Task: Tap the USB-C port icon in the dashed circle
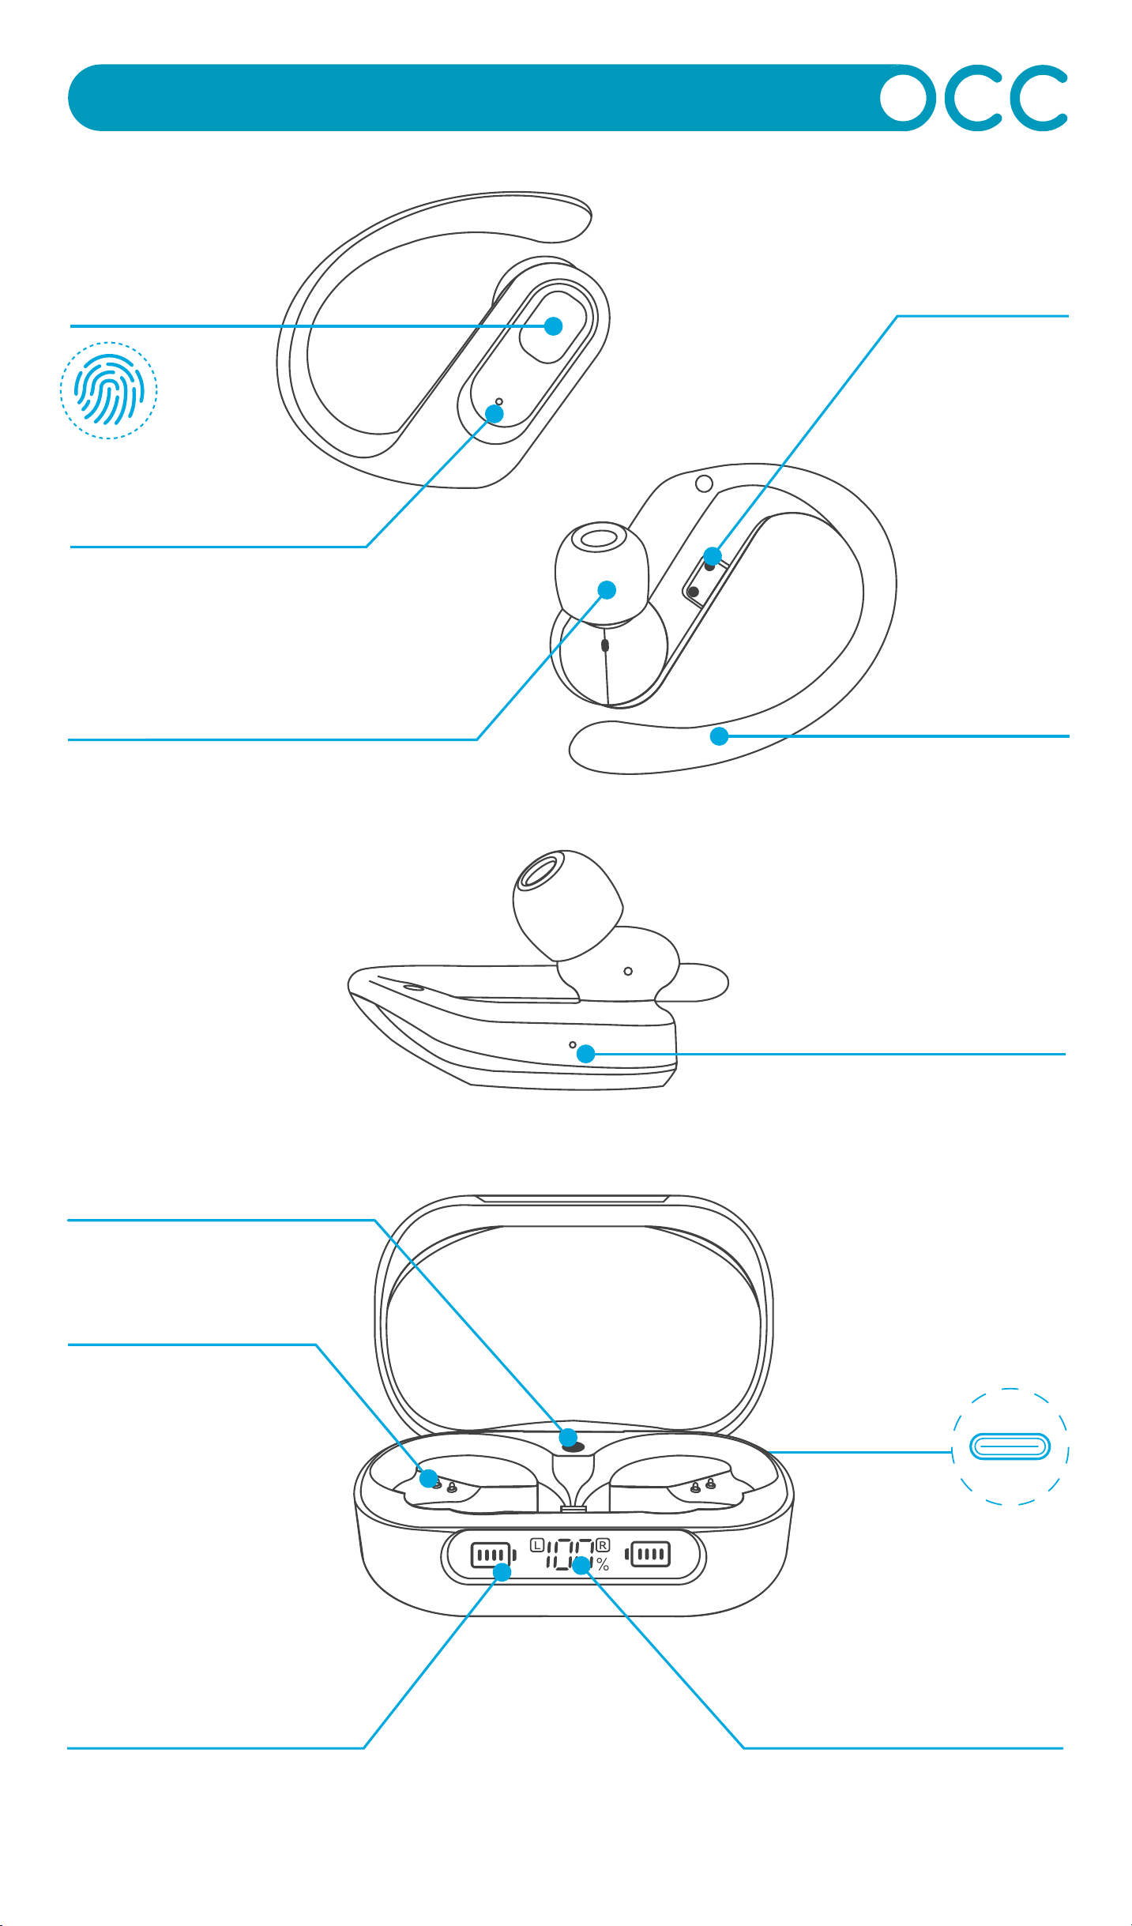point(1010,1447)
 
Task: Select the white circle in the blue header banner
point(907,98)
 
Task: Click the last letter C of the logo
point(1037,98)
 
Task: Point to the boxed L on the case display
point(537,1544)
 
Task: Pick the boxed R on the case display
point(603,1544)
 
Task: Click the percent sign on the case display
point(603,1564)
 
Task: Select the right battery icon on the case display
point(648,1555)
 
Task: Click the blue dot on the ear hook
point(719,736)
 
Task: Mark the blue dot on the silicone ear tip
point(607,589)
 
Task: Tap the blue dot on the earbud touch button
point(554,325)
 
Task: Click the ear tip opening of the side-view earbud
point(539,871)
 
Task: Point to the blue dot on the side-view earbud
point(585,1053)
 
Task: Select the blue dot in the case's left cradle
point(428,1478)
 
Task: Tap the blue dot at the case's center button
point(568,1437)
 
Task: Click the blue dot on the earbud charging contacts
point(713,555)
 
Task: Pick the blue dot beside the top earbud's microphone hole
point(495,413)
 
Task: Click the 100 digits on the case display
point(570,1555)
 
